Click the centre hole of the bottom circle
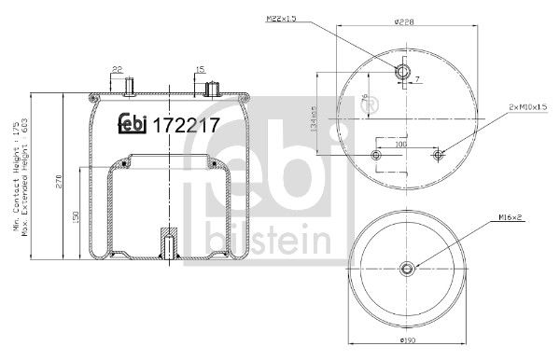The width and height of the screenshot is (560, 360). tap(409, 270)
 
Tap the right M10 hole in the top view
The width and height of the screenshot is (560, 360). tap(438, 155)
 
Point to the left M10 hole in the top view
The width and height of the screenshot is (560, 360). tap(376, 155)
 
